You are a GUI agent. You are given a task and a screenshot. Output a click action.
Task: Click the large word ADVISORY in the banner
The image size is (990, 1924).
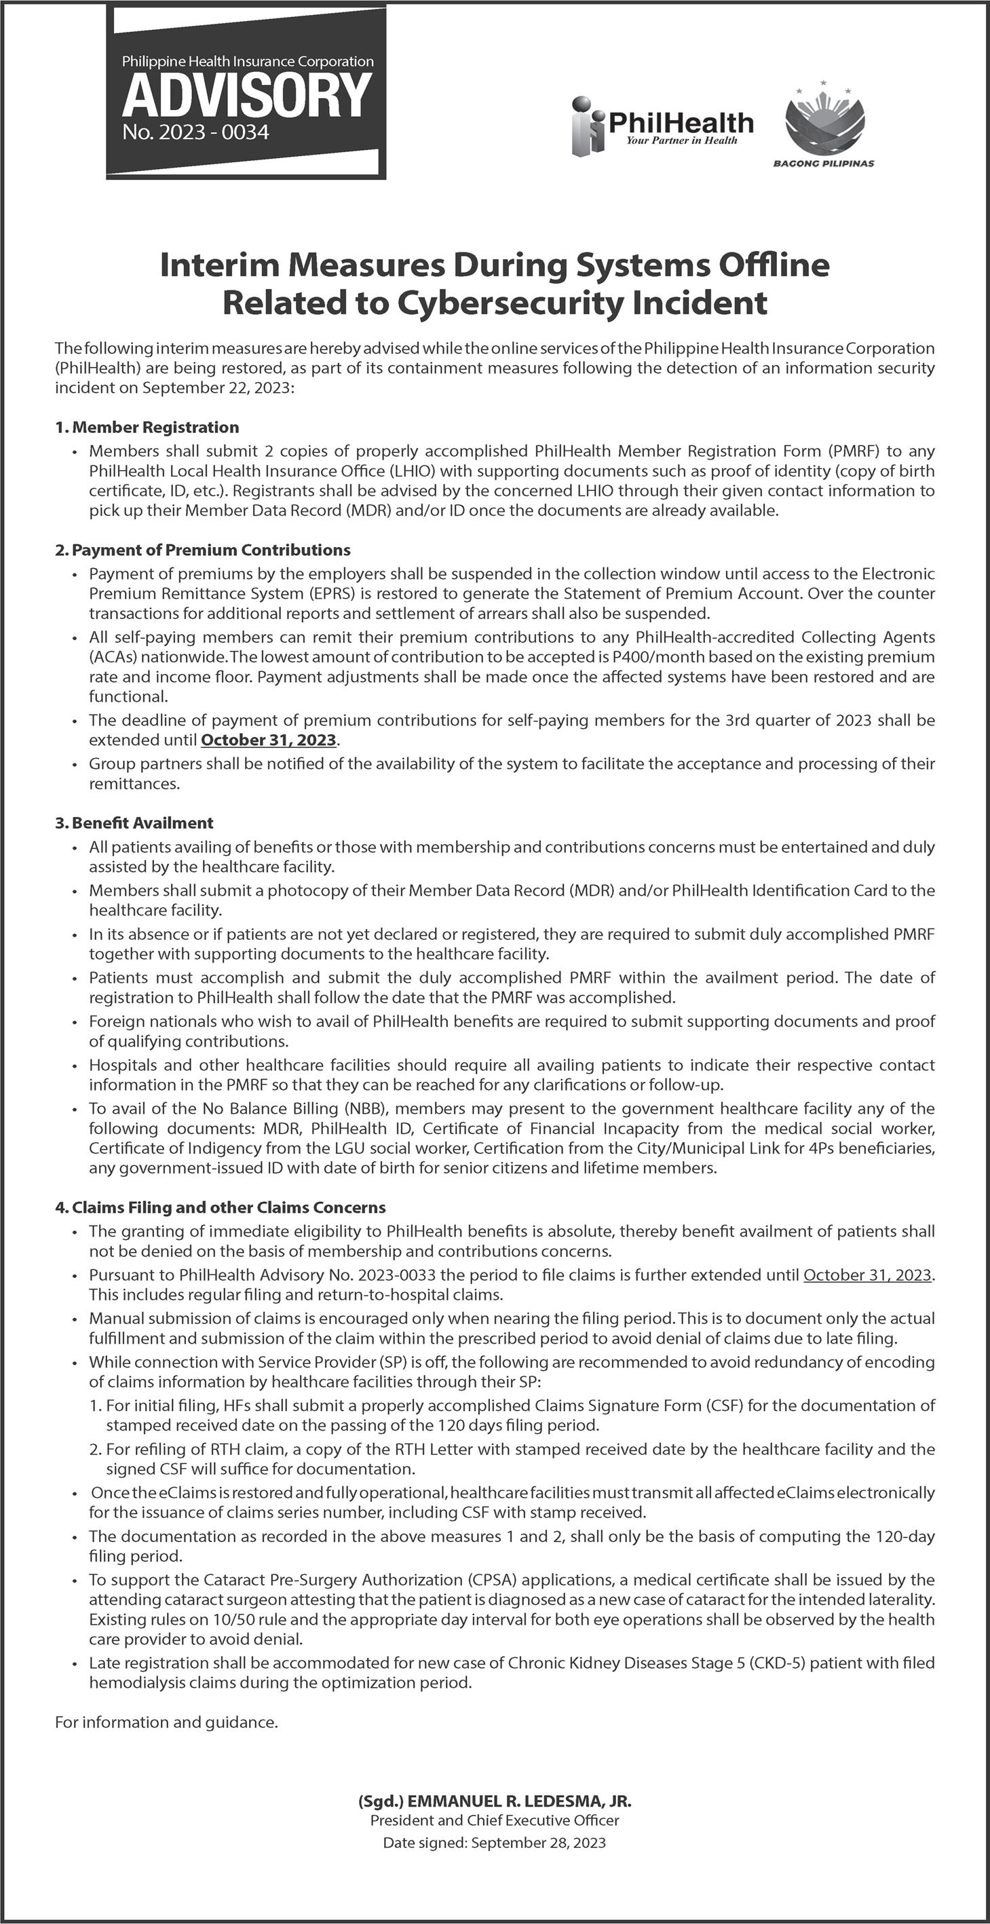[x=246, y=96]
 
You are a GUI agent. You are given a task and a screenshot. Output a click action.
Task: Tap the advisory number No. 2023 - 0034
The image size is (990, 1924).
[x=195, y=134]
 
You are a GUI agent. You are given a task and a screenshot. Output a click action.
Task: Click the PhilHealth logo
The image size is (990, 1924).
[x=662, y=125]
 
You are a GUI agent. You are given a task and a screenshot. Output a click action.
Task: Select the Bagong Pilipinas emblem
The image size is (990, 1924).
[x=824, y=124]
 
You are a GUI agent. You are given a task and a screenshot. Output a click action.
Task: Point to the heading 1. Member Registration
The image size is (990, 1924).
[x=147, y=428]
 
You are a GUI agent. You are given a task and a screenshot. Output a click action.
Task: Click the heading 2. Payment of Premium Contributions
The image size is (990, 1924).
[x=202, y=550]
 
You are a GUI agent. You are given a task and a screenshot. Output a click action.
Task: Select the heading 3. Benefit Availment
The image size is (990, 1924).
[x=134, y=823]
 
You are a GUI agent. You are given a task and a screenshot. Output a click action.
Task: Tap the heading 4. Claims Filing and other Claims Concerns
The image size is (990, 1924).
[x=221, y=1207]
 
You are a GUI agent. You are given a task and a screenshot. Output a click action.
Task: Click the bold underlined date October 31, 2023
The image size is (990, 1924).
[x=269, y=740]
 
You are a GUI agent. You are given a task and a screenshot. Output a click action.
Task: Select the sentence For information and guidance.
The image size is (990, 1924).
[x=166, y=1722]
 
